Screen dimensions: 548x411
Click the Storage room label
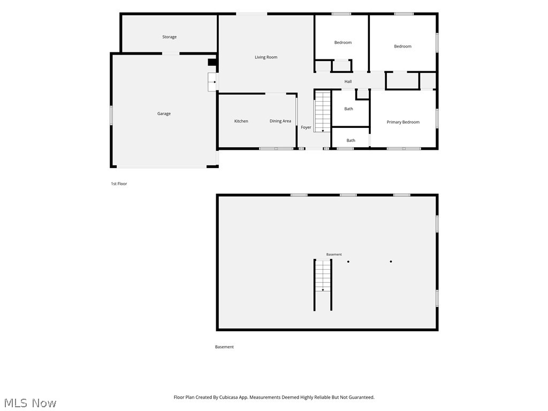click(x=169, y=37)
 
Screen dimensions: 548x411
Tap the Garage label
click(x=164, y=113)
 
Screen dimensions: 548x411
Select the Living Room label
click(x=266, y=57)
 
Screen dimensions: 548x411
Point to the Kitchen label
click(x=241, y=121)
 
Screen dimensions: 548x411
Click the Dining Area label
click(x=280, y=121)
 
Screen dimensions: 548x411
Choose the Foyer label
click(x=306, y=127)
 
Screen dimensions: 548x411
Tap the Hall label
click(x=348, y=81)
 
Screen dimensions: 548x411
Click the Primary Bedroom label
click(x=403, y=122)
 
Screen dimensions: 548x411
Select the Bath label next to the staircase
click(x=349, y=109)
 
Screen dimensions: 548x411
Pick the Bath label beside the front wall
click(x=351, y=141)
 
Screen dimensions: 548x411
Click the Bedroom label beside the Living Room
click(x=343, y=42)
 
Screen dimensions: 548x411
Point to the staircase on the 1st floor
click(x=323, y=111)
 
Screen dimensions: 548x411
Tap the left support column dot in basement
click(x=348, y=261)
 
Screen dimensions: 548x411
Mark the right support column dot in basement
click(x=391, y=261)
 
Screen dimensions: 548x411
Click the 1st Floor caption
click(x=119, y=184)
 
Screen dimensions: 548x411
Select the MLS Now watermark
click(x=30, y=403)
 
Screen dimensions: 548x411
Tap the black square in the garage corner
click(x=212, y=62)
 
